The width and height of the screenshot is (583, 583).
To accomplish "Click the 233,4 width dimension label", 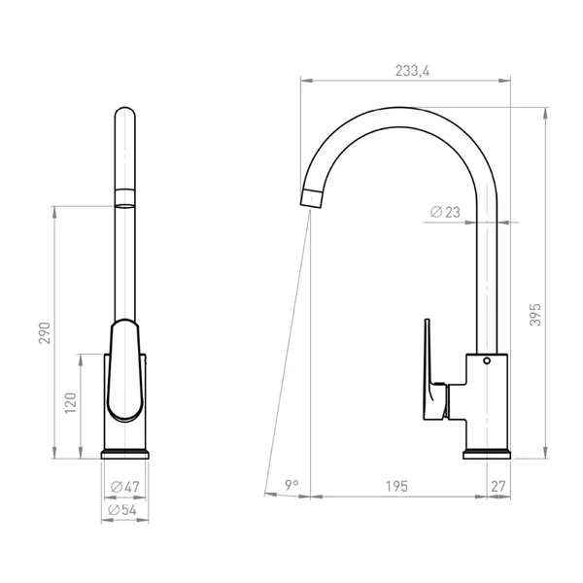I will pyautogui.click(x=412, y=71).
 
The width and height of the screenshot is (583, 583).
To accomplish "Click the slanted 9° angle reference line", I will pyautogui.click(x=288, y=350).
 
